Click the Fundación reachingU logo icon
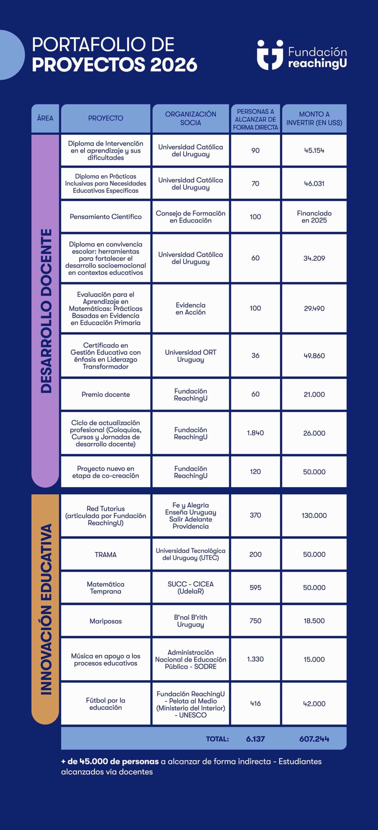pyautogui.click(x=270, y=55)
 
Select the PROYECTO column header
pyautogui.click(x=106, y=118)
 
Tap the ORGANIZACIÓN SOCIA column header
pyautogui.click(x=191, y=118)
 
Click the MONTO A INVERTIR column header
pyautogui.click(x=314, y=118)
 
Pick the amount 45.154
pyautogui.click(x=314, y=150)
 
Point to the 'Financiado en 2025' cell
pyautogui.click(x=314, y=217)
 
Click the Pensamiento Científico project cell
pyautogui.click(x=106, y=217)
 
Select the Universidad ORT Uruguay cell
pyautogui.click(x=191, y=356)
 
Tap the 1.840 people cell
pyautogui.click(x=255, y=433)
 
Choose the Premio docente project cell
pyautogui.click(x=106, y=394)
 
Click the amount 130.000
pyautogui.click(x=314, y=516)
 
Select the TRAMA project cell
pyautogui.click(x=106, y=554)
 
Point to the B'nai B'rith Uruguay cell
pyautogui.click(x=191, y=621)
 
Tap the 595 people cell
pyautogui.click(x=255, y=588)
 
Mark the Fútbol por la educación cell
pyautogui.click(x=106, y=704)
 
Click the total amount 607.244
pyautogui.click(x=314, y=739)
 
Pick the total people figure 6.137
pyautogui.click(x=255, y=739)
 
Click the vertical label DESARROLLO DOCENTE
pyautogui.click(x=46, y=311)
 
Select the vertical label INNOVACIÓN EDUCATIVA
pyautogui.click(x=46, y=609)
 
